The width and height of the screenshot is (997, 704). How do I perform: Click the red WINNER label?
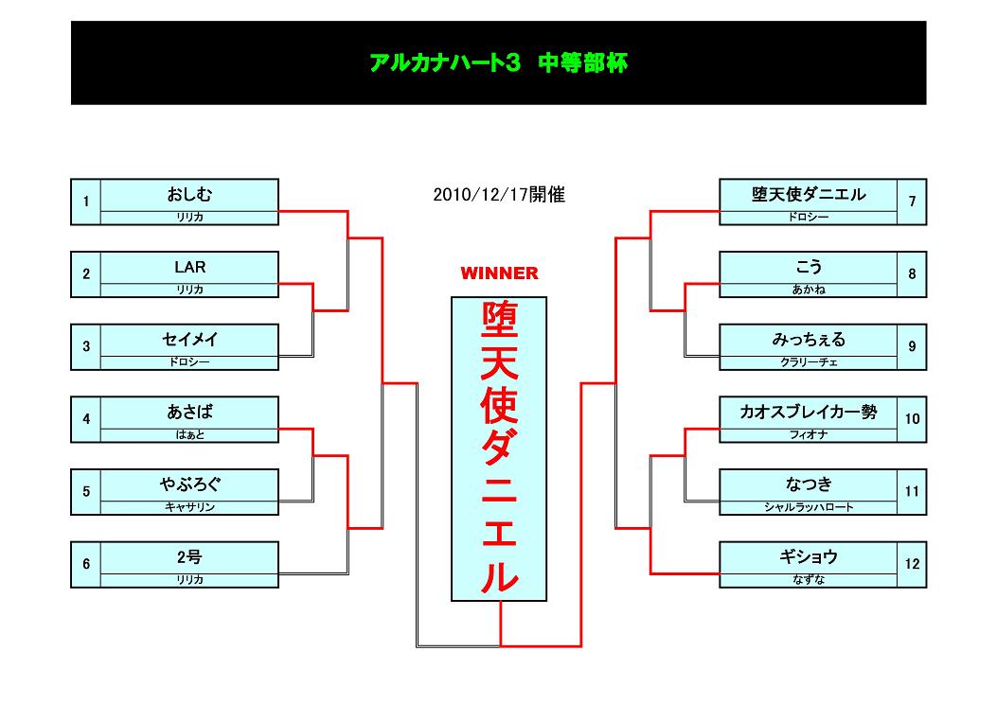point(499,273)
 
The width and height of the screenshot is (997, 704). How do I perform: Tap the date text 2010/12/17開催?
point(499,194)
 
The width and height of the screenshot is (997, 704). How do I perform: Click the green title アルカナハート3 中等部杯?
point(498,62)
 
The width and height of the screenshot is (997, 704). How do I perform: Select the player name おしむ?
point(189,194)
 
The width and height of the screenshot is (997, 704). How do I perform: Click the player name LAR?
point(189,267)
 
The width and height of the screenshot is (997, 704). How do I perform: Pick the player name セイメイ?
point(189,340)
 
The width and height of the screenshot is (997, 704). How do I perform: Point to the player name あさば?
point(189,412)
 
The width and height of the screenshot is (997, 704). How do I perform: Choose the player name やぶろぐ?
point(189,484)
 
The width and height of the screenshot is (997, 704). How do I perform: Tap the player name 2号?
point(189,556)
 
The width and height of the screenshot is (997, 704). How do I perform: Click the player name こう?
point(809,267)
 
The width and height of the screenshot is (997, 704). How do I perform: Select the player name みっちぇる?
point(809,340)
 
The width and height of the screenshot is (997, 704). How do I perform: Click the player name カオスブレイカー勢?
point(809,412)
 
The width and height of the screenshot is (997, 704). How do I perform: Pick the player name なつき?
point(809,484)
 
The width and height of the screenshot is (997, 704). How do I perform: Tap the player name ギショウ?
point(809,556)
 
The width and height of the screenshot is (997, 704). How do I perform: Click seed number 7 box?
point(912,202)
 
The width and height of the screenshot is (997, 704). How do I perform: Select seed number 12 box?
point(912,564)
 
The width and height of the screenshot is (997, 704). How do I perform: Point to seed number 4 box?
point(86,419)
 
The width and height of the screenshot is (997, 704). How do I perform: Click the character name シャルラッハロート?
point(809,507)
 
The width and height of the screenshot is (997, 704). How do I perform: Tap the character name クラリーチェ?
point(809,362)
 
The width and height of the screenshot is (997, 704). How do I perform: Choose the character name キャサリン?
point(189,507)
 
